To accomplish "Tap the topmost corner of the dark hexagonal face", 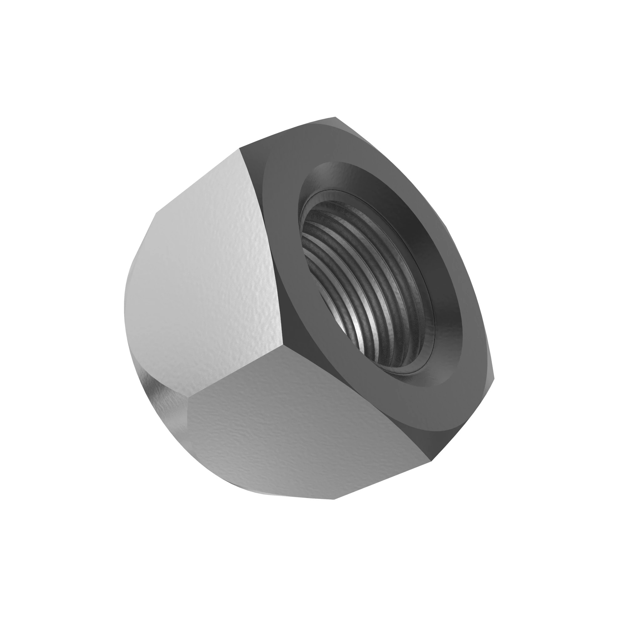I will tap(335, 117).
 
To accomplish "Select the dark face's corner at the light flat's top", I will tap(240, 148).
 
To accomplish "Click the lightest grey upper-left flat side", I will tap(208, 259).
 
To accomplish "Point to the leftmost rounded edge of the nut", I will tap(125, 308).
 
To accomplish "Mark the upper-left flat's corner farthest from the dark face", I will tap(156, 213).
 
